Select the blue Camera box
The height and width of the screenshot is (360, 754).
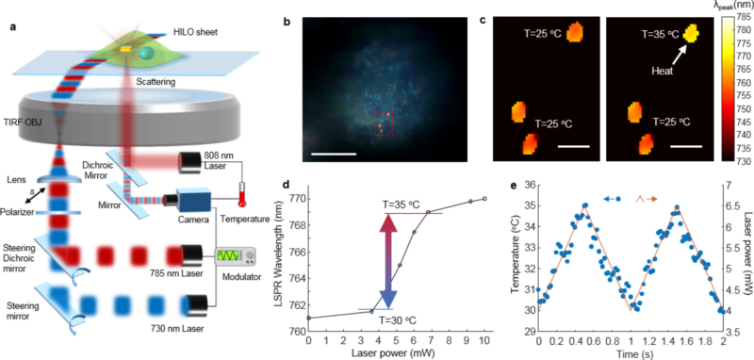[x=194, y=200]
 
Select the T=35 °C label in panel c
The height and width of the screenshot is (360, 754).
[x=660, y=35]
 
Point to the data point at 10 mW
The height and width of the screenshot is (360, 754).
[x=484, y=199]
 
